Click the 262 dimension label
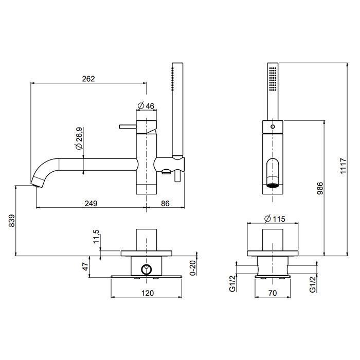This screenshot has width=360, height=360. (x=88, y=79)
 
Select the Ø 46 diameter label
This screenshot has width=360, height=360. (x=146, y=105)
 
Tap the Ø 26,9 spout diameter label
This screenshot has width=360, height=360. (x=79, y=139)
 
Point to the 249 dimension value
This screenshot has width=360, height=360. (x=91, y=203)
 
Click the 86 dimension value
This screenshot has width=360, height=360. (x=165, y=203)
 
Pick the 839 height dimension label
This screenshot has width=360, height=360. (x=11, y=221)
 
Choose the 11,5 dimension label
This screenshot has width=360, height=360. (x=96, y=237)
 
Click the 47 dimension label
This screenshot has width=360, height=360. (x=85, y=267)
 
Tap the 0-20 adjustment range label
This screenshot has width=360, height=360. (x=193, y=268)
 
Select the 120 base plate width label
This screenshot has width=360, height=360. (x=148, y=293)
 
